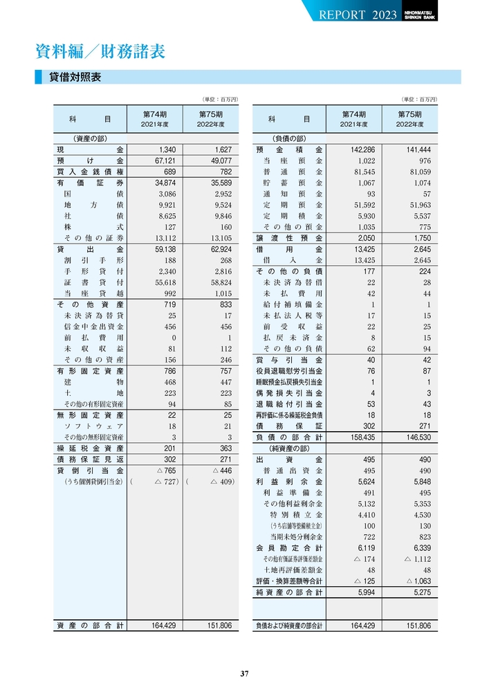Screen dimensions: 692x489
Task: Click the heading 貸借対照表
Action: coord(75,78)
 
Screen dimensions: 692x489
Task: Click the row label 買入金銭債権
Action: coord(91,172)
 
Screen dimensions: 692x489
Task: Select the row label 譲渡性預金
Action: coord(289,238)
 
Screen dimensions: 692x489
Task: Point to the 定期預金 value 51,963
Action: coord(415,205)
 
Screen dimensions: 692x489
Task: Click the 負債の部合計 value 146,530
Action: coord(414,437)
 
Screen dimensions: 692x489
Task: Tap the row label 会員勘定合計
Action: coord(289,548)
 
